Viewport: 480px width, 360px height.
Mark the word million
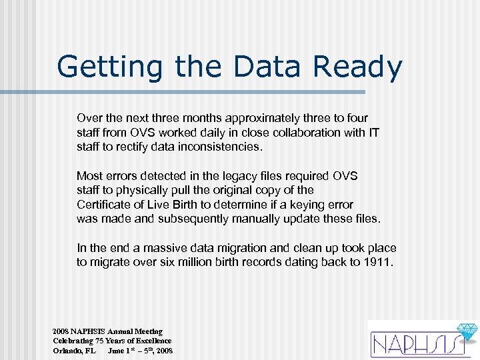[x=205, y=263]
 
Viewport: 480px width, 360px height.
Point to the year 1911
[x=378, y=263]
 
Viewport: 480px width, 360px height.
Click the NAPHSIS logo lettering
[x=412, y=344]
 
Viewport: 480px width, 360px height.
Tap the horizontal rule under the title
[x=209, y=92]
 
